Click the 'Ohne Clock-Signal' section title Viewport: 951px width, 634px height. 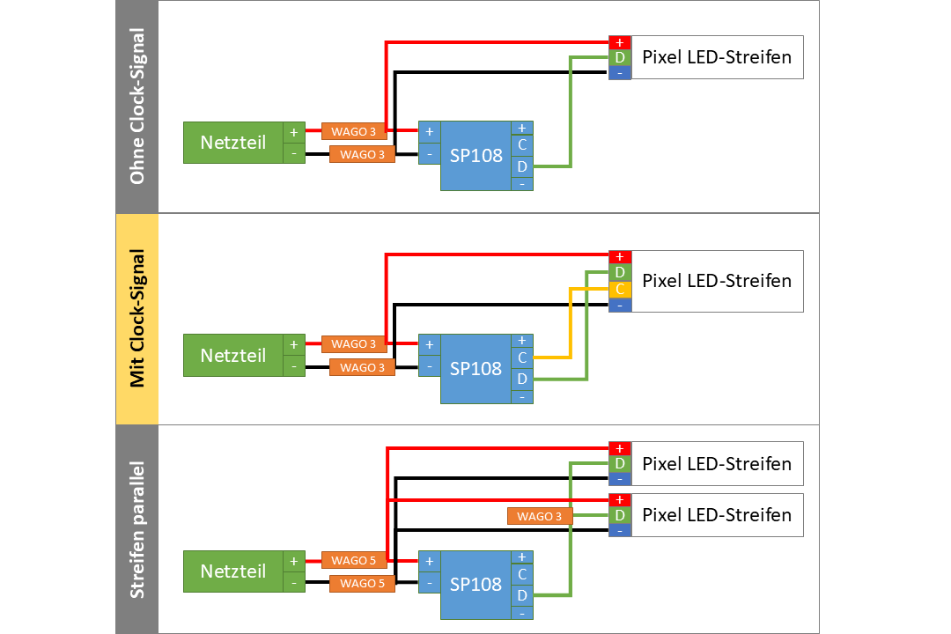coord(136,107)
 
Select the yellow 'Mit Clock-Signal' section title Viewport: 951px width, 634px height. coord(136,319)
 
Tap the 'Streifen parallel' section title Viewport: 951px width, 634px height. coord(136,529)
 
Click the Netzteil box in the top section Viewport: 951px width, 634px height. coord(232,143)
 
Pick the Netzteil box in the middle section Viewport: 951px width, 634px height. coord(232,356)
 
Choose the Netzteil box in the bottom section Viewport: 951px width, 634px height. coord(232,571)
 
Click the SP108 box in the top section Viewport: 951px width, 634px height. coord(475,156)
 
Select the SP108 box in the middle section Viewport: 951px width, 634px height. coord(475,369)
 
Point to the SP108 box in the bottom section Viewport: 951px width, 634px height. coord(475,584)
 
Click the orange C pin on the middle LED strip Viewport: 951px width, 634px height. coord(620,289)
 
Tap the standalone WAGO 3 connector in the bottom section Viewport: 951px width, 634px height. coord(540,516)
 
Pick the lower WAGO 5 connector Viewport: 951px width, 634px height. coord(362,583)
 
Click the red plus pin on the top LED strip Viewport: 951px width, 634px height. coord(620,42)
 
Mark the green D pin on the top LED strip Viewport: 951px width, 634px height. coord(620,57)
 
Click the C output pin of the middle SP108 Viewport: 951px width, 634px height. coord(522,358)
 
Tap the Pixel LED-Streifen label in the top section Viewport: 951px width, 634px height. coord(717,57)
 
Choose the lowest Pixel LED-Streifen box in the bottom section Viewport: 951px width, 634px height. coord(717,515)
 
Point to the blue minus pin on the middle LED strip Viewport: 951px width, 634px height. coord(620,305)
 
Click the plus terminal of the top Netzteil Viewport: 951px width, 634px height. coord(294,132)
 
